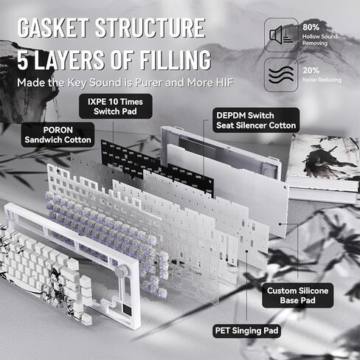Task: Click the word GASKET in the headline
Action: (x=52, y=28)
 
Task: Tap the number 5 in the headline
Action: (x=23, y=60)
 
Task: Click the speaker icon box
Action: (x=281, y=35)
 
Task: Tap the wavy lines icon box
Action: (x=281, y=75)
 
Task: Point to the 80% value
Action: (x=311, y=27)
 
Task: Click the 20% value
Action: (x=311, y=71)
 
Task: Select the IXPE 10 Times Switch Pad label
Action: (x=115, y=106)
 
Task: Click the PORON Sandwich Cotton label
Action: (x=58, y=135)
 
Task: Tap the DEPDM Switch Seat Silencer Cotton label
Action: (x=256, y=120)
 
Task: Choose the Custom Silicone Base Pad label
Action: (x=298, y=295)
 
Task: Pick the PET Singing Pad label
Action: (x=246, y=330)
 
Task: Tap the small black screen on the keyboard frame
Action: (x=128, y=308)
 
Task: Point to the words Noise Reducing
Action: (x=322, y=80)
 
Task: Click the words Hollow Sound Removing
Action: (x=319, y=40)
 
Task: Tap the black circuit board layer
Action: (x=157, y=167)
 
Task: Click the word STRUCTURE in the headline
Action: (x=150, y=28)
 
